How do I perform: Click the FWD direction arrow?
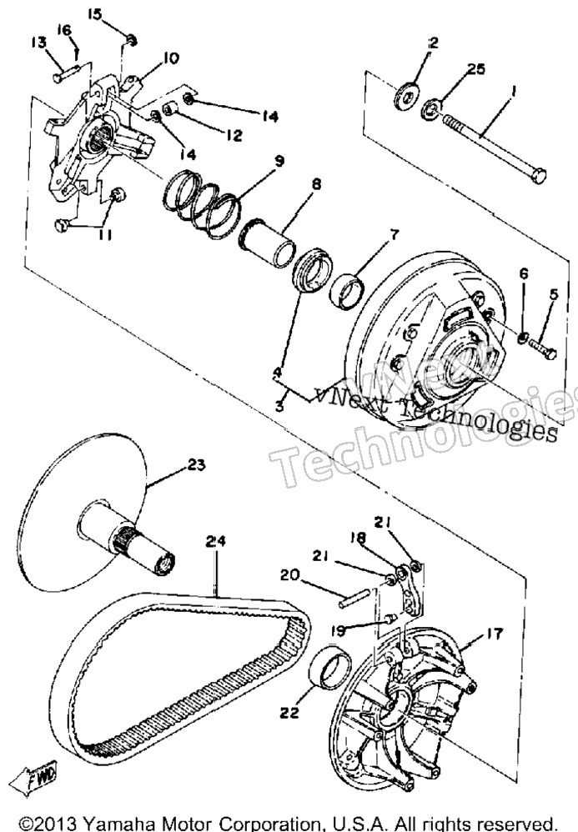coord(35,779)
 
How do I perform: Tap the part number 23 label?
coord(196,465)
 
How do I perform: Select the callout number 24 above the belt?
coord(215,541)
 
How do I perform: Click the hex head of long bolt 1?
coord(538,175)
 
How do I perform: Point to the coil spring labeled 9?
coord(202,202)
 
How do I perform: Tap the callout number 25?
coord(475,69)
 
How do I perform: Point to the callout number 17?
coord(494,634)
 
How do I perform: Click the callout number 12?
coord(233,135)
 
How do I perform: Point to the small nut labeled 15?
coord(133,39)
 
